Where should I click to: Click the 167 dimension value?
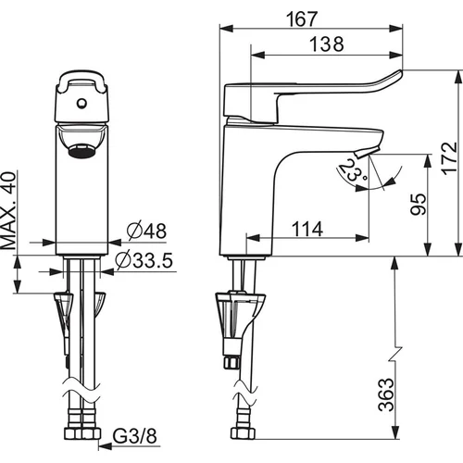(302, 19)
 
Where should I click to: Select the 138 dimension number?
(327, 44)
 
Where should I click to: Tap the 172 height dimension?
(449, 158)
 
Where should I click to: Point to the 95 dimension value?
(419, 204)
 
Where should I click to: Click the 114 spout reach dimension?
(307, 229)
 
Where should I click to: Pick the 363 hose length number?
(386, 394)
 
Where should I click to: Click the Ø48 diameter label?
(146, 231)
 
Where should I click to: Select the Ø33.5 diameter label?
(144, 260)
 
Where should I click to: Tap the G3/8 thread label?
(134, 436)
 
